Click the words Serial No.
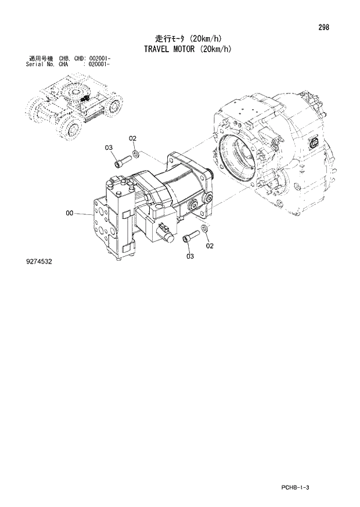point(39,64)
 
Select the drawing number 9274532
point(39,262)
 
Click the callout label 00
point(70,214)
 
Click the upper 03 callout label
point(109,148)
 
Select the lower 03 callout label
point(190,256)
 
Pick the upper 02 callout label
point(132,138)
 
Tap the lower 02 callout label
point(210,246)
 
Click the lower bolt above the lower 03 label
point(190,237)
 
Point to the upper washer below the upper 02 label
point(135,154)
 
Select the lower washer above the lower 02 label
point(204,232)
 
